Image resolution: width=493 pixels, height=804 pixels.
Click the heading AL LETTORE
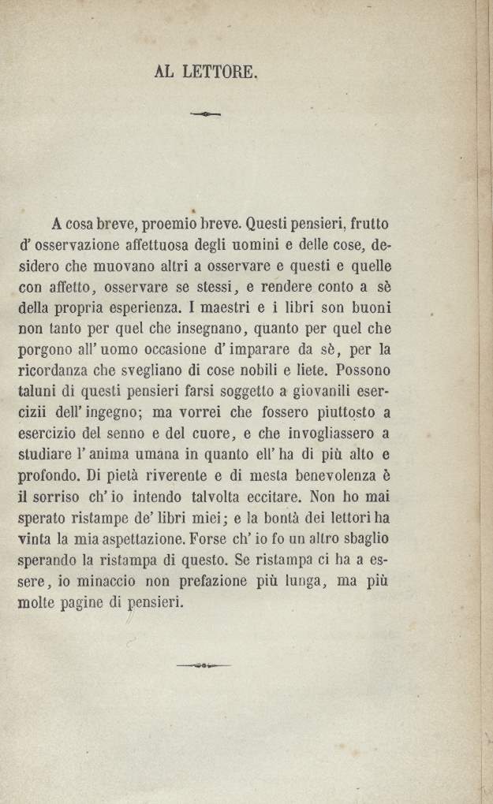click(207, 73)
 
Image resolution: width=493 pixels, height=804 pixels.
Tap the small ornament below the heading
click(206, 114)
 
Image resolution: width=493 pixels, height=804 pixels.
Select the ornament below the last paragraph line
click(204, 665)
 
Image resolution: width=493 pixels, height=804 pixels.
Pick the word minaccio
click(106, 583)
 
